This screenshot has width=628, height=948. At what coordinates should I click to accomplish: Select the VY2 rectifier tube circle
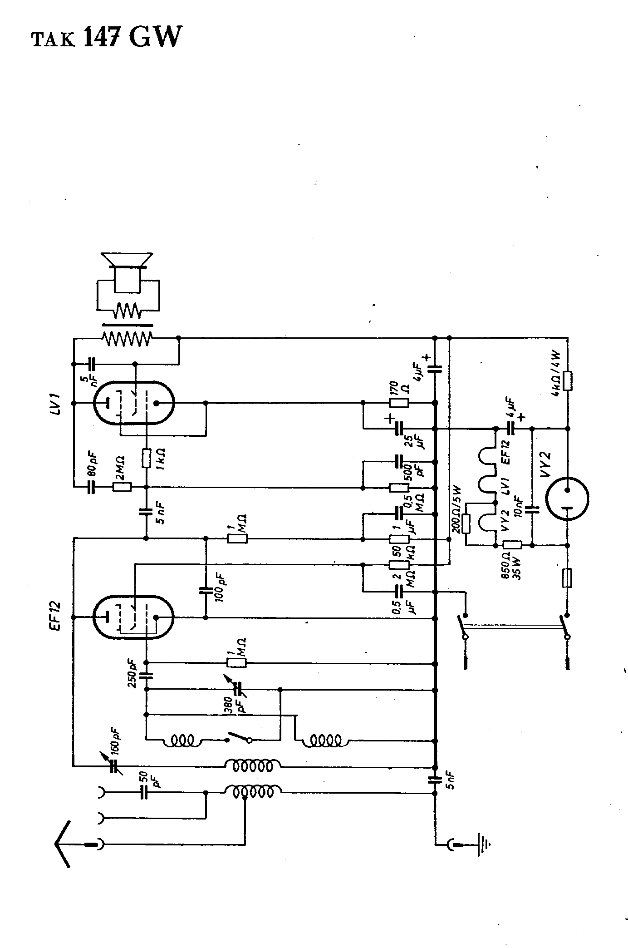coord(567,499)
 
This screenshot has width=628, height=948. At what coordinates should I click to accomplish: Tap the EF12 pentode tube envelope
coord(133,617)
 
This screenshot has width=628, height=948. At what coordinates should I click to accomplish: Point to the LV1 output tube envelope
coord(133,403)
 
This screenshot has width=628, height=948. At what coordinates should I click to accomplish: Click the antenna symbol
coord(64,844)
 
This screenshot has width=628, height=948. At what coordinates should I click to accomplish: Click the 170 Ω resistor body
coord(399,403)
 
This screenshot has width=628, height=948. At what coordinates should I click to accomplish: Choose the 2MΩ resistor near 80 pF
coord(122,487)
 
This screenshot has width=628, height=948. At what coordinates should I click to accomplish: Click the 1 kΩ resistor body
coord(146,458)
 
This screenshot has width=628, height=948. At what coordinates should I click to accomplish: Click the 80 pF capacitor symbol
coord(92,487)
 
